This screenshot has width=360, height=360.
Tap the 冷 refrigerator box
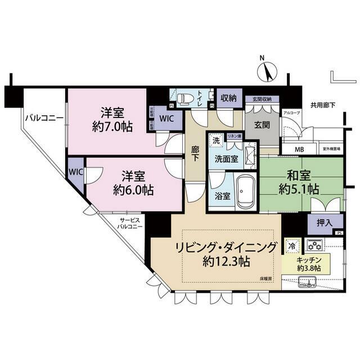tap(292, 246)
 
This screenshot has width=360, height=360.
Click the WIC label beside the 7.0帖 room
tap(167, 119)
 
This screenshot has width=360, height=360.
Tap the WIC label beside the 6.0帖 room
tap(75, 172)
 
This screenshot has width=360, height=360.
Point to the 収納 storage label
tap(228, 98)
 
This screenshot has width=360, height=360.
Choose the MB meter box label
tap(301, 149)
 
